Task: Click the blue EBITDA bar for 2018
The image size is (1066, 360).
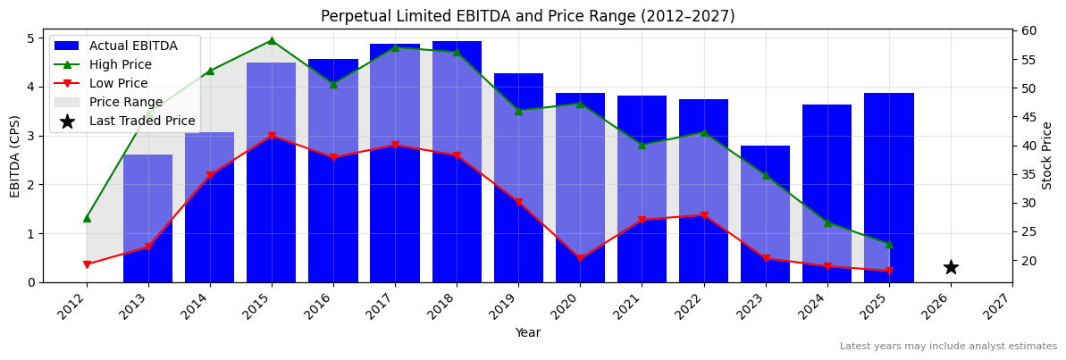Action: click(457, 161)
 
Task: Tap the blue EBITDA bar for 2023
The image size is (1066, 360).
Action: click(765, 213)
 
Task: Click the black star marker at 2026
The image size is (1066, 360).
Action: click(951, 267)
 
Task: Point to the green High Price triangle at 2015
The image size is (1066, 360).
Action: click(272, 40)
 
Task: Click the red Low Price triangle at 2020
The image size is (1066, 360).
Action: click(580, 259)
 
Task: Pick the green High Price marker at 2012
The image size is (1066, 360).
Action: click(87, 218)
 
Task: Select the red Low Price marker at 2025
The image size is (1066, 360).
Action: click(888, 272)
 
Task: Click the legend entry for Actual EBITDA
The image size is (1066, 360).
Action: click(132, 46)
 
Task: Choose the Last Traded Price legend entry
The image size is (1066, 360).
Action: click(141, 121)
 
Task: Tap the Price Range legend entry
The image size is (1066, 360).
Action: click(125, 102)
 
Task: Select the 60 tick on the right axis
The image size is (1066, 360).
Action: click(1030, 30)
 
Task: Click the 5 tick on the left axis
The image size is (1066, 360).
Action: click(32, 38)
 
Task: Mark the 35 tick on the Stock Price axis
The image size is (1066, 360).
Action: click(1030, 174)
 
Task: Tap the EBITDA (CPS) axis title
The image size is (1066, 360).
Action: click(15, 155)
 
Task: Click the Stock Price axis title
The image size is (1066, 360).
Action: click(1047, 155)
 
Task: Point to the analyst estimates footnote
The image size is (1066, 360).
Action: click(948, 347)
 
